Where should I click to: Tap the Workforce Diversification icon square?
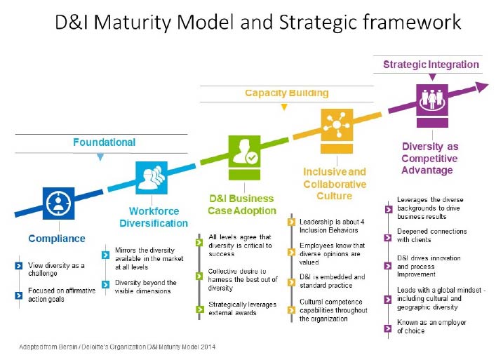152,178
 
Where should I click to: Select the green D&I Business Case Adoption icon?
245,153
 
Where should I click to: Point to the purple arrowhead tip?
486,86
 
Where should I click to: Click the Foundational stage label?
104,142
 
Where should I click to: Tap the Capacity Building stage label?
286,93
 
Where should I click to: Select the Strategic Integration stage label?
431,65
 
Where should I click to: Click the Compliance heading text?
57,239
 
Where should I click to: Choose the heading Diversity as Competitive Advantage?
429,159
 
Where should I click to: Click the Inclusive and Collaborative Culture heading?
335,184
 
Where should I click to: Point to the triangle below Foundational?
100,158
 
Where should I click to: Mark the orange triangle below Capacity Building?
283,107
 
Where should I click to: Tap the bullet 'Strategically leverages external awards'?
236,308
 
